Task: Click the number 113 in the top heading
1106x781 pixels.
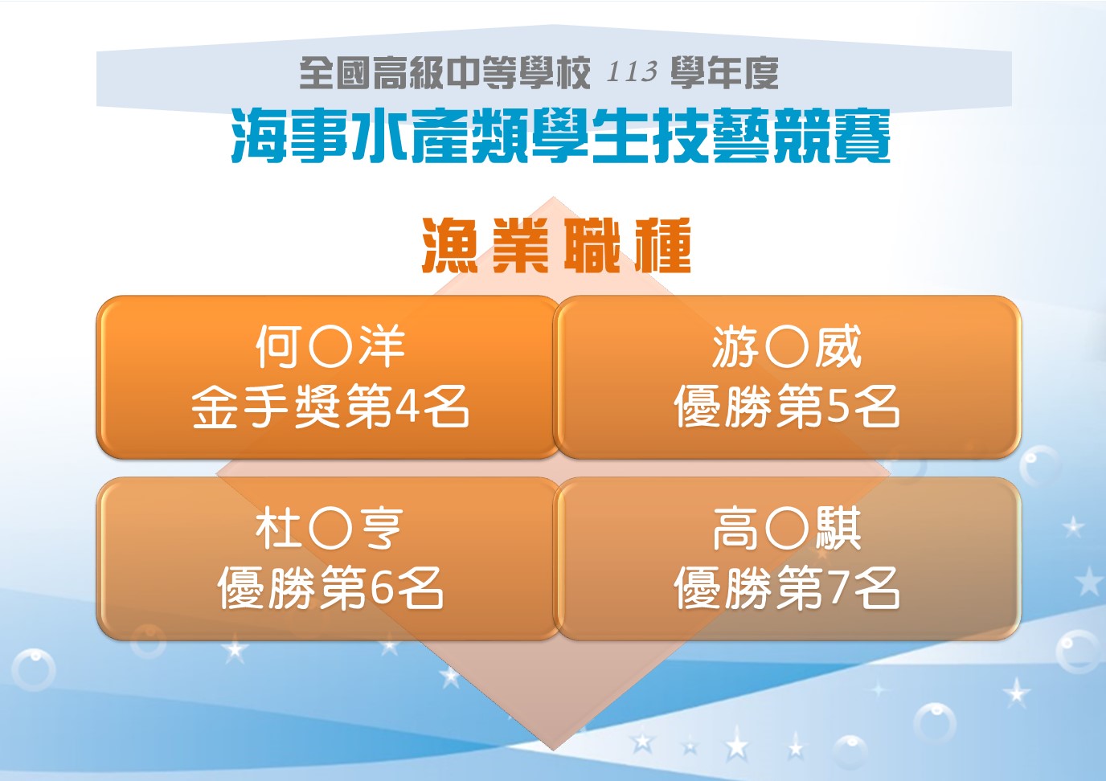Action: (x=632, y=72)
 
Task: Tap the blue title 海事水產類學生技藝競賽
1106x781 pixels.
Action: (x=561, y=137)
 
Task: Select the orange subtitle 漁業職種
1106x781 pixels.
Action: (x=556, y=245)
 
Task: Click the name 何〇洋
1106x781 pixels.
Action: (x=330, y=346)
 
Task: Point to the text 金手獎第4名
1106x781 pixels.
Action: (x=330, y=407)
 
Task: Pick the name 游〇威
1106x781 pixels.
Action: (x=787, y=346)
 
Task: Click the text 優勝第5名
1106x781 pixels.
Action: (x=787, y=407)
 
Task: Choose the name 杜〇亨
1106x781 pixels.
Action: (x=330, y=529)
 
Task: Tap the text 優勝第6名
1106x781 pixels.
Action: (x=330, y=588)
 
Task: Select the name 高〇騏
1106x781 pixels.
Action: (x=787, y=529)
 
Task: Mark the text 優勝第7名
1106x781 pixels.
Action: (x=787, y=588)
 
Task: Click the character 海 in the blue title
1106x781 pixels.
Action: (x=259, y=137)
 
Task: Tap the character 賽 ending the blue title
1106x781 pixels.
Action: (x=862, y=137)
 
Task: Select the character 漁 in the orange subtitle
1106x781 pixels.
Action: (x=450, y=245)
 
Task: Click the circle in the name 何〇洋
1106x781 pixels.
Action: (x=330, y=346)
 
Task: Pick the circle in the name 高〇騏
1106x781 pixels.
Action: (x=787, y=529)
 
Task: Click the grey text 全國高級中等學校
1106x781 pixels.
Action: (x=444, y=72)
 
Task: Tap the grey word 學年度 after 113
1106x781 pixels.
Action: (x=724, y=72)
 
